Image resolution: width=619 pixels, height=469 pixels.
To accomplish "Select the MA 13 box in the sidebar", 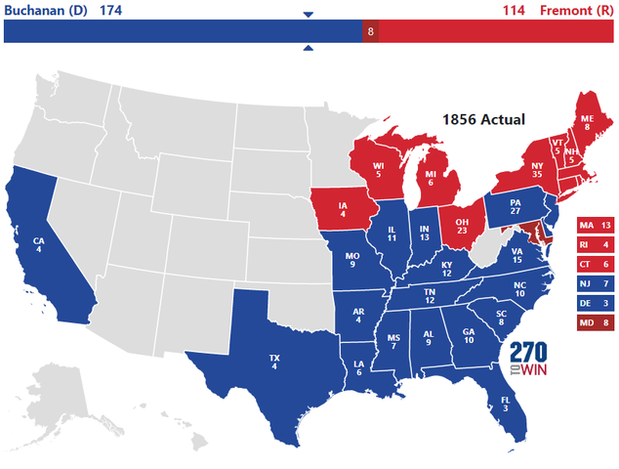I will click(595, 226).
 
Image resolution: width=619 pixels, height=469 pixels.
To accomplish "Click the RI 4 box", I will click(595, 245).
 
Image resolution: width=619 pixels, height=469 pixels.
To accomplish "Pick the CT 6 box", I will click(595, 265).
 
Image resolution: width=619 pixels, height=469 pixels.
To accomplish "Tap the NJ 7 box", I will click(595, 284).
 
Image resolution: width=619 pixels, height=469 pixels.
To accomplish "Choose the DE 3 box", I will click(595, 304).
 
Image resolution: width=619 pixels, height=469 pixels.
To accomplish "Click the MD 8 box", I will click(595, 323).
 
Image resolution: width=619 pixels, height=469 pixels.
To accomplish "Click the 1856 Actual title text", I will click(483, 119).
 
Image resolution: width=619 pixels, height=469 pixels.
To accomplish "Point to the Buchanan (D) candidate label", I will click(43, 9).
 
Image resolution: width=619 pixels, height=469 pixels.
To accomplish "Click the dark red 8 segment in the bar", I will click(370, 32).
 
